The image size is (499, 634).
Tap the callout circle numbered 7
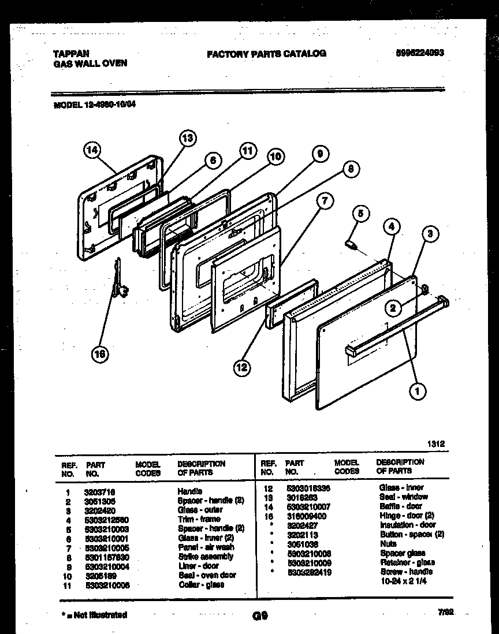pyautogui.click(x=325, y=202)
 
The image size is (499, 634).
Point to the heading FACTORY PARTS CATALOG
pyautogui.click(x=266, y=54)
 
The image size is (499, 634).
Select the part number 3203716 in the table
pyautogui.click(x=99, y=491)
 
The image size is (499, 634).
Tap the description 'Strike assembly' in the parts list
pyautogui.click(x=205, y=557)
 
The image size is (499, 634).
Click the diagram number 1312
pyautogui.click(x=435, y=444)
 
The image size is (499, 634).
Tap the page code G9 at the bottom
pyautogui.click(x=259, y=616)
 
